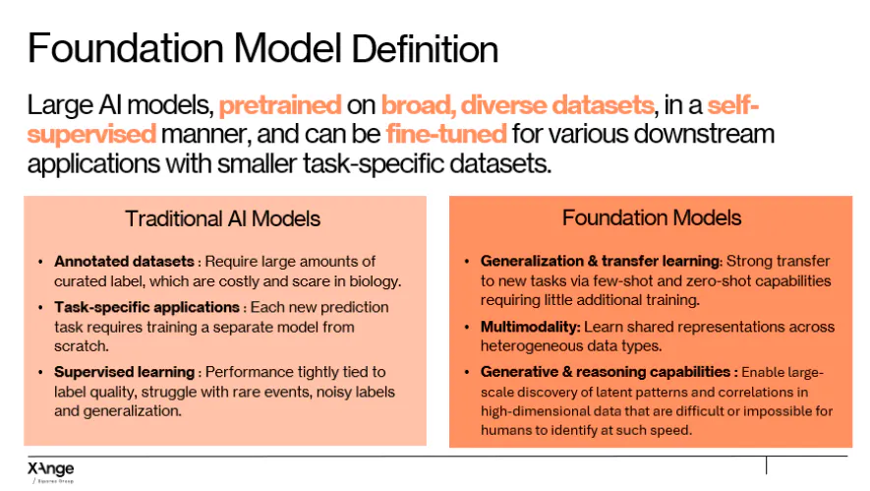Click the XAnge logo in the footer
[x=50, y=471]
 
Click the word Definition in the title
[x=425, y=49]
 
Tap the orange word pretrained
[x=280, y=105]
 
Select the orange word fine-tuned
[x=446, y=134]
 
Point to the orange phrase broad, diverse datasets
[x=518, y=105]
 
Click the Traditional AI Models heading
[x=222, y=218]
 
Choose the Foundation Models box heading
[x=652, y=217]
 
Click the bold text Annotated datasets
[x=124, y=261]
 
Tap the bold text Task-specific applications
[x=146, y=307]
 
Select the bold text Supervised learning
[x=124, y=372]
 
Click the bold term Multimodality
[x=530, y=327]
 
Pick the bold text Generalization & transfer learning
[x=601, y=261]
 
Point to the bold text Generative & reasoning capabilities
[x=606, y=372]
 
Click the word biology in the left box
[x=375, y=281]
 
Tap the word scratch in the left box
[x=81, y=346]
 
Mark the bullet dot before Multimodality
[x=467, y=327]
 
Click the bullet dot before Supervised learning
[x=40, y=372]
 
